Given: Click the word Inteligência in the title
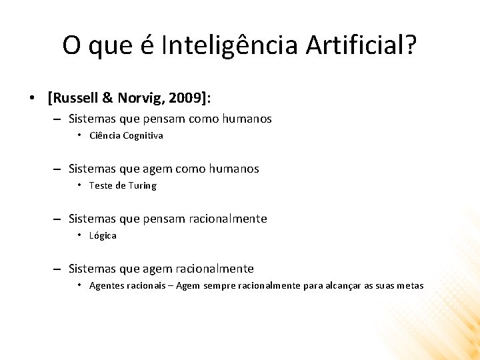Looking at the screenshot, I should click(230, 45).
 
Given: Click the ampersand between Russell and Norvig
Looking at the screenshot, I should click(108, 98).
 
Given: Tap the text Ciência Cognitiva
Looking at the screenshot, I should click(126, 135).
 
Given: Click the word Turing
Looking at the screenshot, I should click(141, 185).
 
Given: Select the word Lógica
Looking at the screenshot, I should click(103, 235).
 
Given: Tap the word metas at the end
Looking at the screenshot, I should click(410, 285).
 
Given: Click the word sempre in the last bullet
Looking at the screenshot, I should click(219, 285).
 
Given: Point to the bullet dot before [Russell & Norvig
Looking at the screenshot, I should click(32, 99).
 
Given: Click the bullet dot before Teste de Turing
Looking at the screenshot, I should click(79, 185).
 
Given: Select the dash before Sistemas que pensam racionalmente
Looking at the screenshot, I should click(58, 219).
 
